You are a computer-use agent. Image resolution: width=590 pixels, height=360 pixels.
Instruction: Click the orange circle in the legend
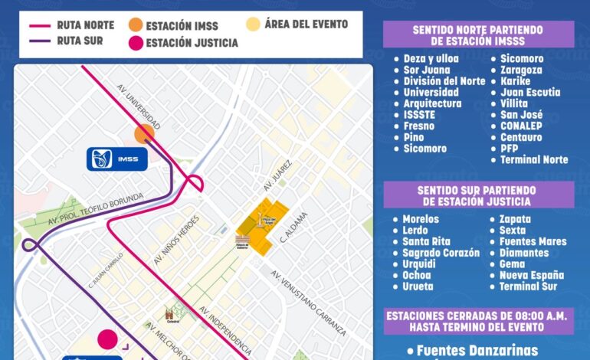tap(136, 25)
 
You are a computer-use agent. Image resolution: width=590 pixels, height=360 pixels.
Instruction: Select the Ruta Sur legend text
tap(80, 41)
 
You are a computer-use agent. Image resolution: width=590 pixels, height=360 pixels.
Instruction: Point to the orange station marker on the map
tap(144, 135)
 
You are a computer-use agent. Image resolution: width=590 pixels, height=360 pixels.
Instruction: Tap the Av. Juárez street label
tap(273, 176)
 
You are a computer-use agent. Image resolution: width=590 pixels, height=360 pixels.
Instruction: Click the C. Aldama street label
tap(295, 227)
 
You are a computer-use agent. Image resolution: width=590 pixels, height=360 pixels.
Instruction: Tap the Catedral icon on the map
tap(169, 314)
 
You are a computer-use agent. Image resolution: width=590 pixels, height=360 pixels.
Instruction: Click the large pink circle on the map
tap(107, 339)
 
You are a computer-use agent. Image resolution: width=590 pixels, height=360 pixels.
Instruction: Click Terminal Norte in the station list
tap(534, 160)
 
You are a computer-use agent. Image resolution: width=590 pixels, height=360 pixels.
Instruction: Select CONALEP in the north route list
tap(523, 126)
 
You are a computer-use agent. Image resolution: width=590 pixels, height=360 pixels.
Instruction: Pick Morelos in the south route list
tap(421, 219)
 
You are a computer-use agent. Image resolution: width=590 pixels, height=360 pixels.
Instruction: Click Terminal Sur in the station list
tap(528, 286)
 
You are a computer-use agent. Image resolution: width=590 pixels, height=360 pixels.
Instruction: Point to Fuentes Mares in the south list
tap(533, 241)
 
